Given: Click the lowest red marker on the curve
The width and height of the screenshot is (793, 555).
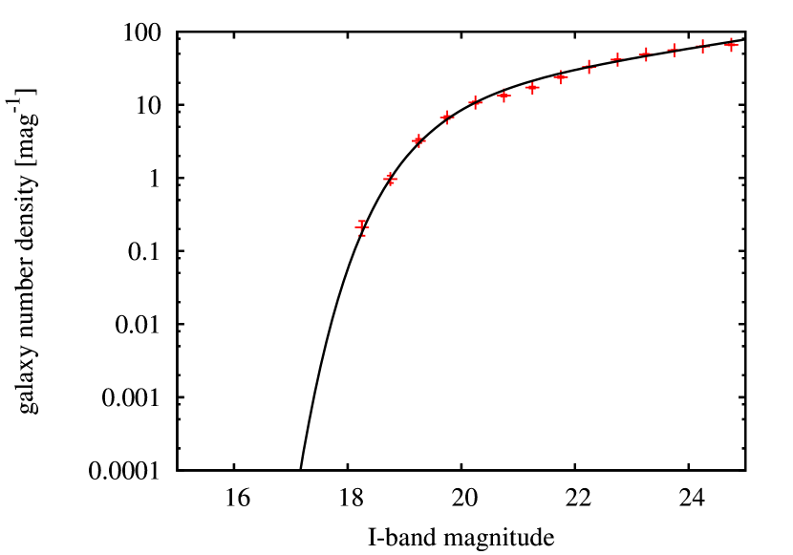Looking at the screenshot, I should coord(362,227).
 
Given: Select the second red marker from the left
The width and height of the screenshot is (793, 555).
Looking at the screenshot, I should coord(390,179).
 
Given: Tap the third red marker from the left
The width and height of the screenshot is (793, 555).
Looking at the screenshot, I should coord(418,140).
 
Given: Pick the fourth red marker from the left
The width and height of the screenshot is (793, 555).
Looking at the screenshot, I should coord(446,117).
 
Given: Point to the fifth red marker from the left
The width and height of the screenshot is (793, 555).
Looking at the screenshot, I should coord(475,102).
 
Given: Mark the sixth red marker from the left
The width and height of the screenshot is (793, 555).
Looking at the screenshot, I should coord(504,95).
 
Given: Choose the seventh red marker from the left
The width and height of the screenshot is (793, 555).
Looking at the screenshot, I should coord(532,88).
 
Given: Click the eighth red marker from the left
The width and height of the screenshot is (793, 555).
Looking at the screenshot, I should coord(561,77).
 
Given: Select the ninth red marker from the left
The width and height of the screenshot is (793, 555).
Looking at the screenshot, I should coord(589,66).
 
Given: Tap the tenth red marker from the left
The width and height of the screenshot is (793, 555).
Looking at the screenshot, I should coord(617,59).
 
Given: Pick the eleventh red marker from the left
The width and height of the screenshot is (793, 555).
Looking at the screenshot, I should coord(646,54).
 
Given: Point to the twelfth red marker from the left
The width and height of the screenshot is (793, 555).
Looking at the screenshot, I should coord(674,50).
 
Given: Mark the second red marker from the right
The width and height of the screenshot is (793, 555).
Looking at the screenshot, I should coord(702,46).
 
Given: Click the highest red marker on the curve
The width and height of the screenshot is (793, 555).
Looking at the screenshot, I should coord(731,45).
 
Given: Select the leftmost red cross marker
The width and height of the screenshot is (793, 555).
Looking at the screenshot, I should coord(362,227).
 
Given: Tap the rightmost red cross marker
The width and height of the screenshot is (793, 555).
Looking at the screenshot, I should coord(731,45).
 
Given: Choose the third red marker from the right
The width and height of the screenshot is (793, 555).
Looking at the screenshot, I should coord(674,50).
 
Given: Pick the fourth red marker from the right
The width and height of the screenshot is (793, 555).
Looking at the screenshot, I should coord(646,54).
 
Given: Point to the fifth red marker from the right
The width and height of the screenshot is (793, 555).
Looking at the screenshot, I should coord(617,59).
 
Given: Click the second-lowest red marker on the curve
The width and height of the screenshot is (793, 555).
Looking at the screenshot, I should coord(390,179).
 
